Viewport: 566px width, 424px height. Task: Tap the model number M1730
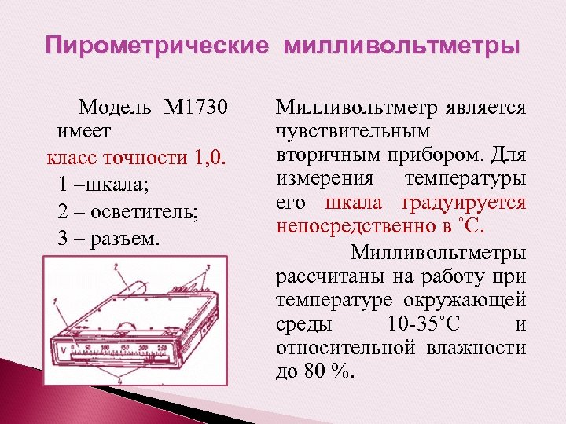[196, 106]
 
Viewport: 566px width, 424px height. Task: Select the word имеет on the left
[84, 128]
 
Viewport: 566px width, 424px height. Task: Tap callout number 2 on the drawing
[116, 268]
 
